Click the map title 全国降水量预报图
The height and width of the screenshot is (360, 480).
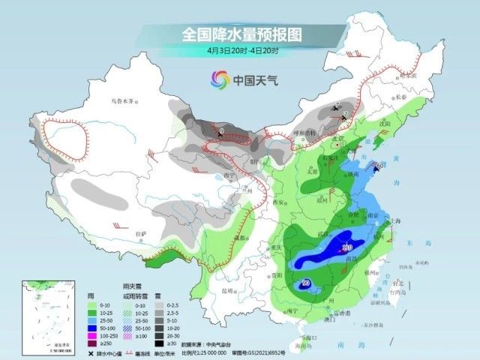241,34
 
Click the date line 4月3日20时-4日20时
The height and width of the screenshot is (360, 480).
242,51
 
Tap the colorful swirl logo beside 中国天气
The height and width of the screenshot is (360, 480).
219,78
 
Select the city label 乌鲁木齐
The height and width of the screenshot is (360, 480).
126,100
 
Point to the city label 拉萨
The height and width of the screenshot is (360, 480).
140,235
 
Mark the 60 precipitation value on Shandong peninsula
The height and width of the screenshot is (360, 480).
381,165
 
